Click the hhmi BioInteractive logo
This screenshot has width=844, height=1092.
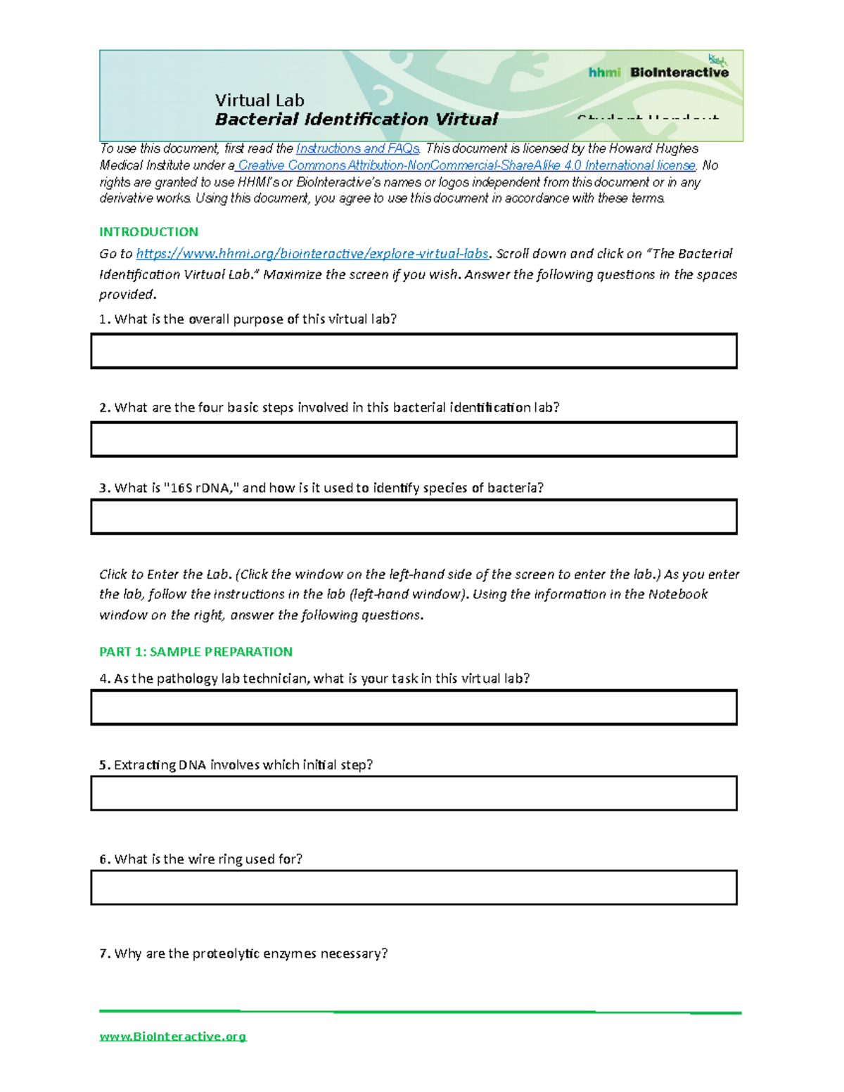coord(658,72)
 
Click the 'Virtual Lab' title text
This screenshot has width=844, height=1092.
coord(260,101)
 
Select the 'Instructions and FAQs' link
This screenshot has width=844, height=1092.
coord(358,148)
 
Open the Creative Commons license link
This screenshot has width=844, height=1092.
coord(466,165)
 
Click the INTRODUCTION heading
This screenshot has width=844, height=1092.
coord(148,232)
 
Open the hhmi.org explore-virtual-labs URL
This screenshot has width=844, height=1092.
coord(312,254)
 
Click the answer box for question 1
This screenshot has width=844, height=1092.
coord(414,351)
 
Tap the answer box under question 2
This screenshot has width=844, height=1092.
coord(414,439)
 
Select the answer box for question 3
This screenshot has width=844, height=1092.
coord(414,517)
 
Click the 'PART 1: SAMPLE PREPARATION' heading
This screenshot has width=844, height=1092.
coord(196,652)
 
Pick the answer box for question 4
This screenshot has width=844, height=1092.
coord(414,707)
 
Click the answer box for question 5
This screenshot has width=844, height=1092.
coord(414,793)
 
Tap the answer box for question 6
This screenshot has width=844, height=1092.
coord(414,887)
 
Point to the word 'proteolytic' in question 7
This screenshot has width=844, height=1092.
coord(225,953)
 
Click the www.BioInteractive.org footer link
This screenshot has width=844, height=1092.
coord(173,1036)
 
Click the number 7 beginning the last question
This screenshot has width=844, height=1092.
coord(103,953)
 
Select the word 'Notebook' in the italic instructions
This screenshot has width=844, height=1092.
coord(677,594)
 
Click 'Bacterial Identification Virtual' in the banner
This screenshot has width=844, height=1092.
coord(356,120)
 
